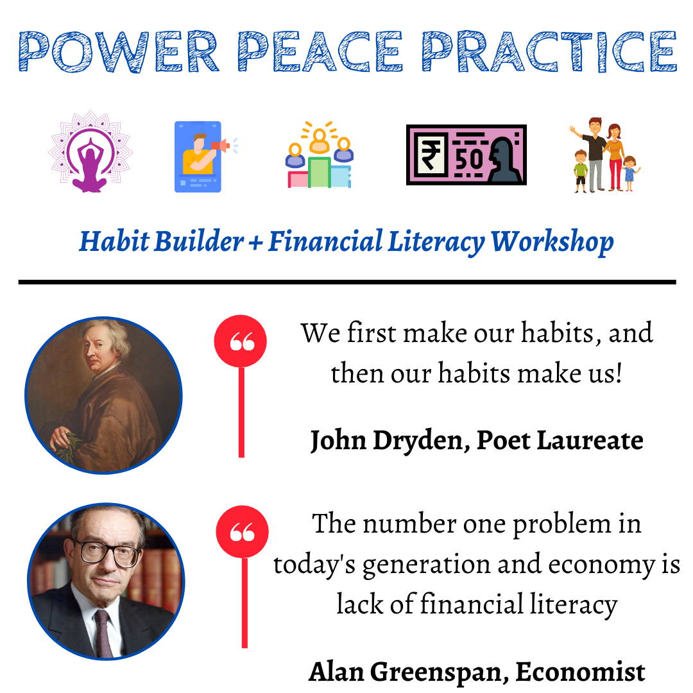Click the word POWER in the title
(119, 51)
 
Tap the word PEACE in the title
(320, 51)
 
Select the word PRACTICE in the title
(549, 51)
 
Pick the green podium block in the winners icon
(319, 172)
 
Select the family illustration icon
(605, 155)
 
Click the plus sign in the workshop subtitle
(255, 243)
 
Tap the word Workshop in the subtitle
(552, 242)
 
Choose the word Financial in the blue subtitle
(325, 241)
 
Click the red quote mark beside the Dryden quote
(241, 341)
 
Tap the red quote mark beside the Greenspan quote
(242, 532)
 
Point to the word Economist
(580, 672)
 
